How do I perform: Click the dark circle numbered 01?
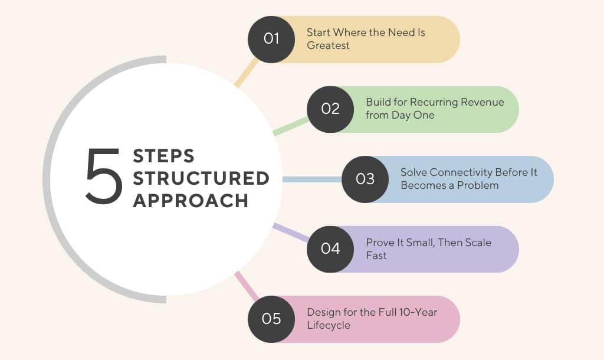coord(271,39)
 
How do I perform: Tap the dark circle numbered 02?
coord(330,109)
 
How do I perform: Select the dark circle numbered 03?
coord(365,179)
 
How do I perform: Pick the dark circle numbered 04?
coord(330,248)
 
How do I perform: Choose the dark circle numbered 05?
coord(271,319)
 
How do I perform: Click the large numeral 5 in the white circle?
coord(104,178)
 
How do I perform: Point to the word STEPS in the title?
coord(163,156)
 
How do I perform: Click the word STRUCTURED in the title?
coord(201,178)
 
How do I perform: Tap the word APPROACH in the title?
coord(191,200)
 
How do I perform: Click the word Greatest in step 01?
coord(328,45)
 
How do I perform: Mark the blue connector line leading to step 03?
coord(313,179)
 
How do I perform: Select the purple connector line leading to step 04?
coord(291,233)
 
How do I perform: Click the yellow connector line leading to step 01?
coord(247,73)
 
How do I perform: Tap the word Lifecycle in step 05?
coord(329,325)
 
